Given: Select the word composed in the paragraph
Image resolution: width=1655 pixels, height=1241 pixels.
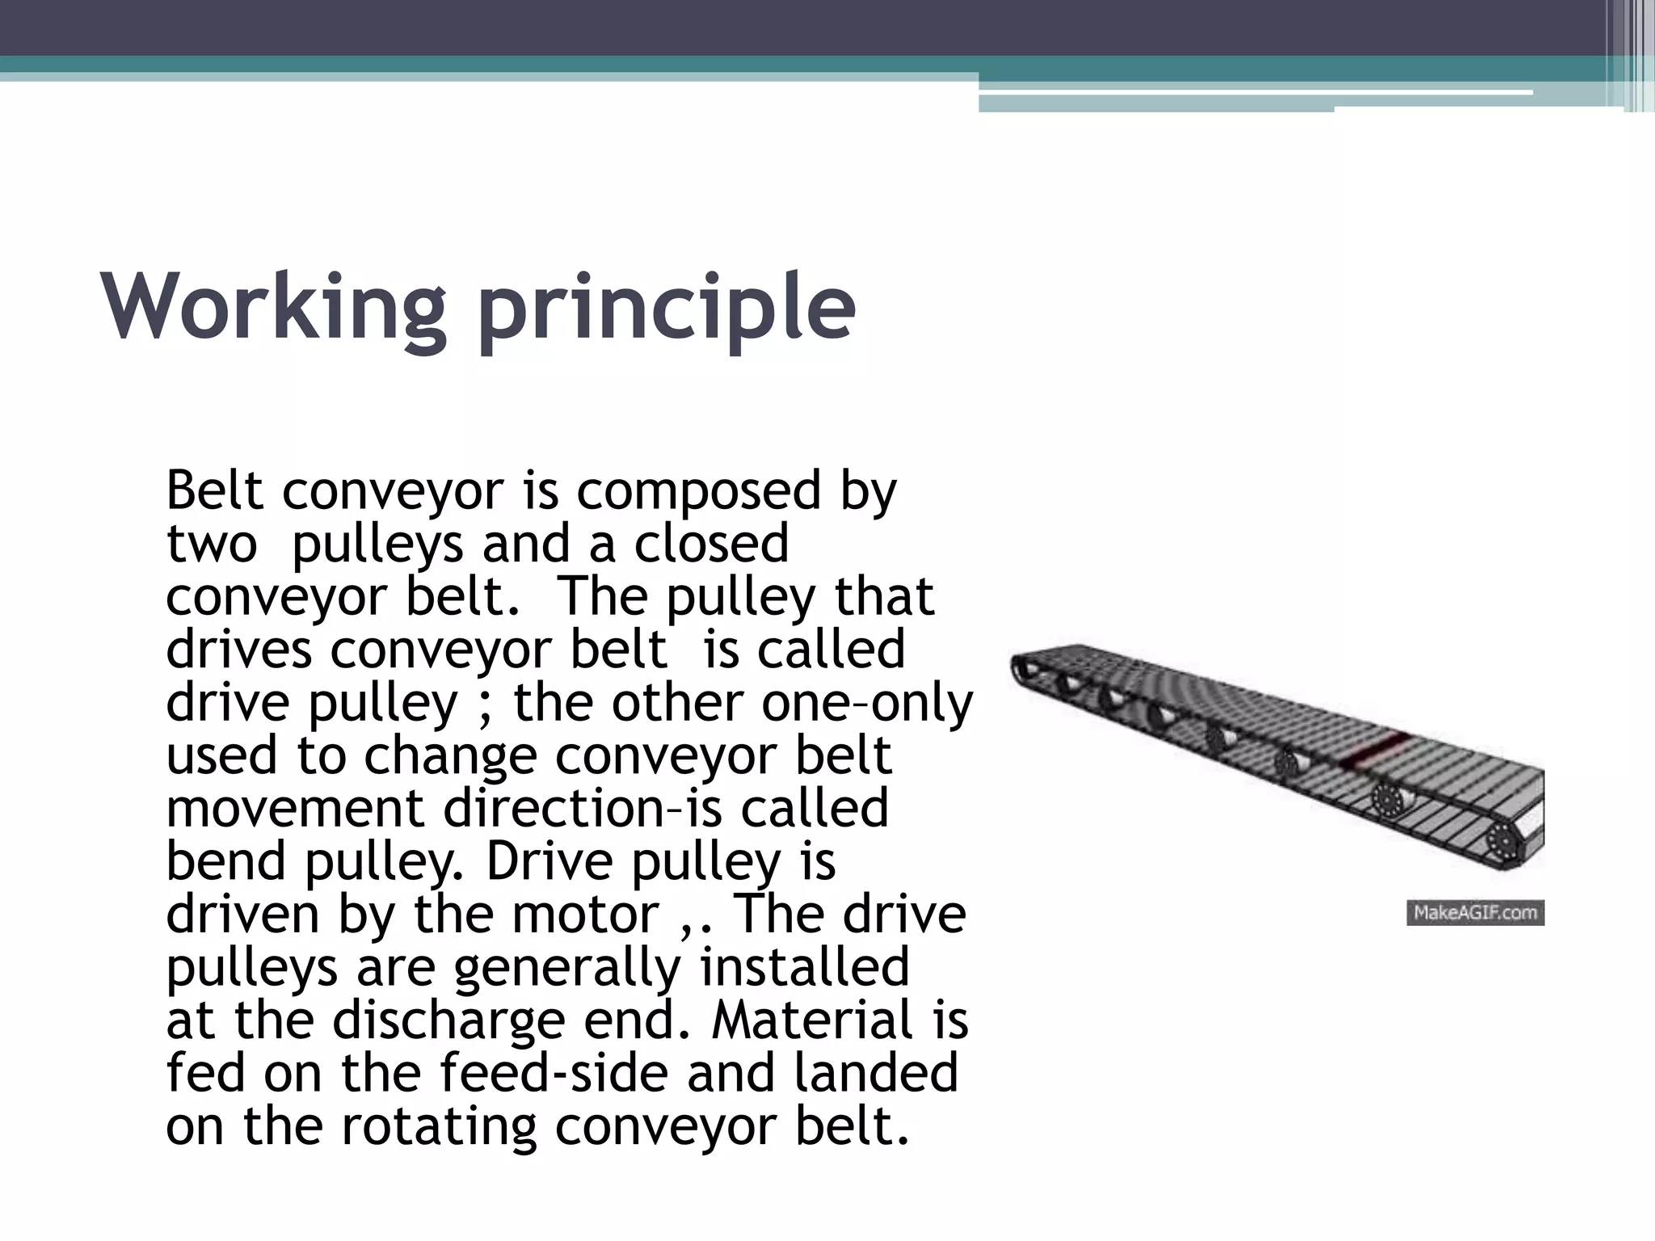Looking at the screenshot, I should tap(698, 492).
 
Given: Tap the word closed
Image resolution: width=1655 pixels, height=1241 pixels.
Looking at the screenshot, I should tap(711, 544).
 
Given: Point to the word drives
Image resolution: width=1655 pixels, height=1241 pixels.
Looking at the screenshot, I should tap(238, 650).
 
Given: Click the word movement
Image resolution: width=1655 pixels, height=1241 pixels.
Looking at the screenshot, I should tap(295, 809).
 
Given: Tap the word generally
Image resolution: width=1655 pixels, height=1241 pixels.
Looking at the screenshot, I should tap(568, 969).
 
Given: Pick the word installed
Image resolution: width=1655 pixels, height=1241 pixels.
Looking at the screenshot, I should tap(804, 967).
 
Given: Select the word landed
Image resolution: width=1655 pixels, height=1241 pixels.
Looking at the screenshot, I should tap(876, 1074).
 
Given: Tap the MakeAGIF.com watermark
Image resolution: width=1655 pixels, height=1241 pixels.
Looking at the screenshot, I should tap(1475, 913).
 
